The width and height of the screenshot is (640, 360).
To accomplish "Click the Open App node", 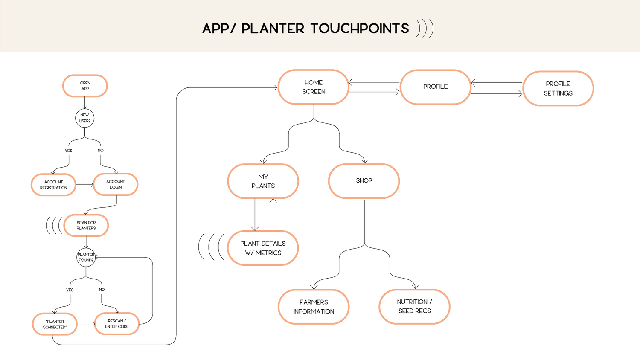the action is point(85,86).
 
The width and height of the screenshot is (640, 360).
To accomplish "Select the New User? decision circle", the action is point(84,118).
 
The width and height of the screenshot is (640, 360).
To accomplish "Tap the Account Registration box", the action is point(53,185).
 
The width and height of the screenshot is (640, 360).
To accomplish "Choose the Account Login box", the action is point(116,184).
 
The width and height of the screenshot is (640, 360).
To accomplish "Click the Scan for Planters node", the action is point(86,226).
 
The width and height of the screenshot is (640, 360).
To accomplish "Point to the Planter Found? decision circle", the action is point(86,258).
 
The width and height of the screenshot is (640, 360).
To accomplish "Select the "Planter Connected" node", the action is point(55,324).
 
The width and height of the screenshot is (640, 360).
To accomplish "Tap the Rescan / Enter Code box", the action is point(117,324).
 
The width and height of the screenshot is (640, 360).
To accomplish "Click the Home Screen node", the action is point(314,87).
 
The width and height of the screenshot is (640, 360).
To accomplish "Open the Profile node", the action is point(436,87).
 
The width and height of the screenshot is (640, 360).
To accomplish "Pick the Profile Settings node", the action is point(558,89).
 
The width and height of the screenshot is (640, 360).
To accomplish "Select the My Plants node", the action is point(263,181).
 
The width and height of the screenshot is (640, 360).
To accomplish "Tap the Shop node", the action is point(364,181).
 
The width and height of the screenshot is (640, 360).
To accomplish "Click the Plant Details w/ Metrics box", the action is point(263,248).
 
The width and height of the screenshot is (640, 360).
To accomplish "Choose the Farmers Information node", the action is point(314,307).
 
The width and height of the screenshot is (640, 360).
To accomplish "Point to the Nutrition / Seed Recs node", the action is point(415,307).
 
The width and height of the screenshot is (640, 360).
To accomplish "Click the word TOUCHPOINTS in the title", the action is point(360,29).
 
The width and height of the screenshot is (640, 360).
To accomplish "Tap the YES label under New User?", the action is point(69,151).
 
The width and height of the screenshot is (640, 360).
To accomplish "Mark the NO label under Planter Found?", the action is point(102,290).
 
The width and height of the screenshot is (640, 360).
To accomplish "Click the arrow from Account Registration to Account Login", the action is point(85,185).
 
